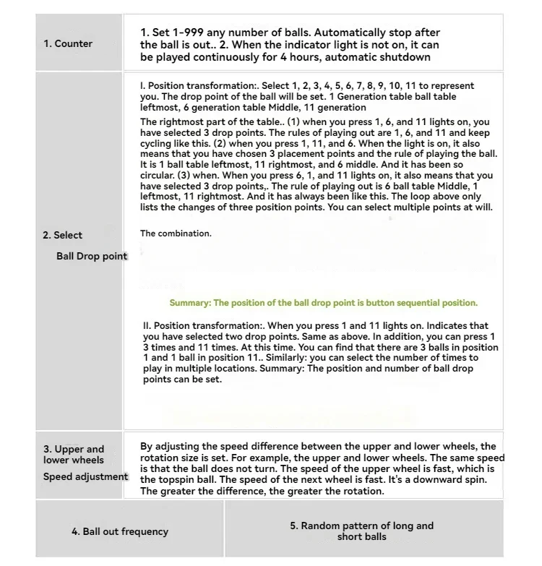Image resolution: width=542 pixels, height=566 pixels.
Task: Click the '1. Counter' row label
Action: pos(68,43)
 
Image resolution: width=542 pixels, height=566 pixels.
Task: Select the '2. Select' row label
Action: pos(62,235)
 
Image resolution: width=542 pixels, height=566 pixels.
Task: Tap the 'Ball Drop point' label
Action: pos(91,256)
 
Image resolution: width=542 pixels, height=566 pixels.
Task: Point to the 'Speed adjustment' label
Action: pos(85,476)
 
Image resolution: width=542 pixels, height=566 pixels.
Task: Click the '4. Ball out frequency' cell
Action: pos(120,531)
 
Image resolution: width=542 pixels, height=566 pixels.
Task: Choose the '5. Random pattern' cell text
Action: pos(361,531)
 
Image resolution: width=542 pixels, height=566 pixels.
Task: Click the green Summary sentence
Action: pos(323,303)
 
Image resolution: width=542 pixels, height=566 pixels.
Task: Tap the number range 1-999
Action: pos(184,33)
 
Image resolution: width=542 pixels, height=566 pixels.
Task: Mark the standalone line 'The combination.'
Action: pos(176,233)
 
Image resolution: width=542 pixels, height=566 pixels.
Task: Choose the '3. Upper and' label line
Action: pos(74,450)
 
